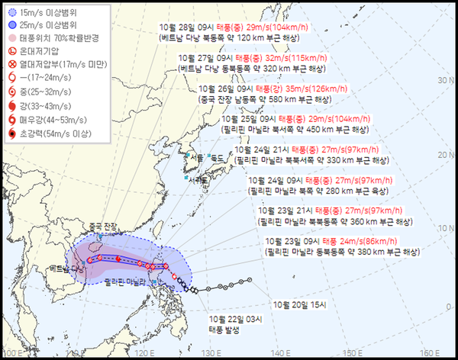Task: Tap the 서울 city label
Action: tap(196, 158)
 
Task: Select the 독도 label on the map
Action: tap(219, 159)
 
